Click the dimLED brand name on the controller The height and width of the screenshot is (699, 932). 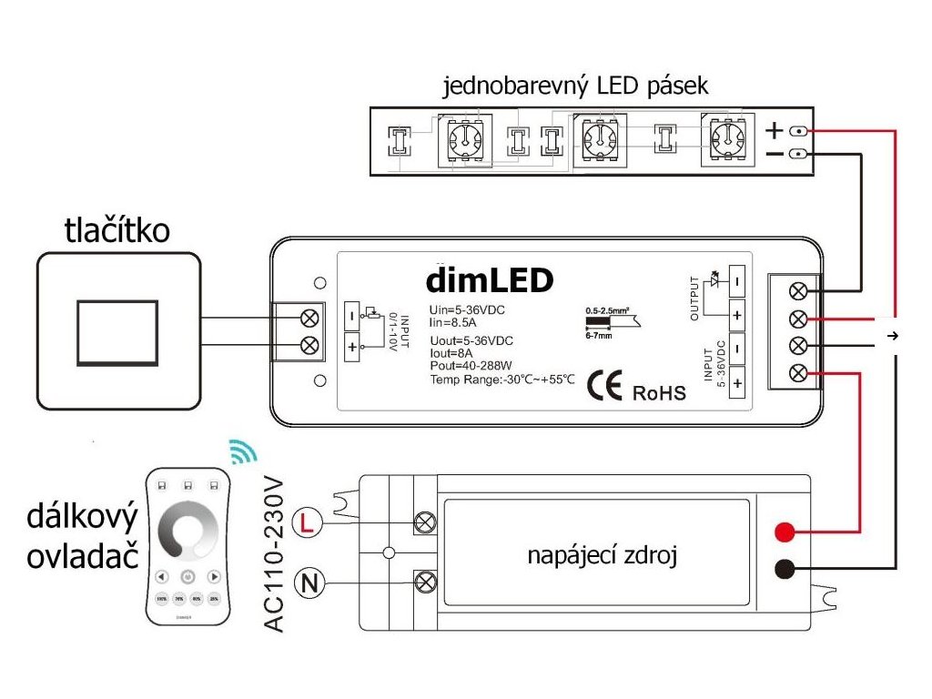pos(490,279)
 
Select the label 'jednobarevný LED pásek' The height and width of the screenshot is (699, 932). pos(575,87)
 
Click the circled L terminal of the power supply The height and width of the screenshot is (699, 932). pos(309,522)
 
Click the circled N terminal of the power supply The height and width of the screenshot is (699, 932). pos(309,582)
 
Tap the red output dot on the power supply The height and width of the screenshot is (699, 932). pos(784,532)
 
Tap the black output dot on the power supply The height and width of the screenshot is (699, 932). pos(784,570)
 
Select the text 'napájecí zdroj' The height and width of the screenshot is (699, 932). pos(602,555)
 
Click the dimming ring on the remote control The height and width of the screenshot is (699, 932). pos(187,531)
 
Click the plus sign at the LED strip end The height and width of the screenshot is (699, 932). pos(774,130)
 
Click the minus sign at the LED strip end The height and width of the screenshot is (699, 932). pos(774,154)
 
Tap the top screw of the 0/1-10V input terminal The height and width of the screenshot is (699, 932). pos(309,317)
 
